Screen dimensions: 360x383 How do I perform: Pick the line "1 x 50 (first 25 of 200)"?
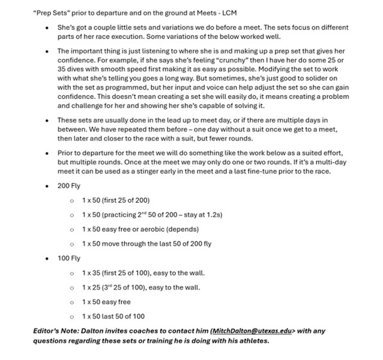click(116, 200)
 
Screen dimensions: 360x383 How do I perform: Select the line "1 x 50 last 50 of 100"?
click(113, 316)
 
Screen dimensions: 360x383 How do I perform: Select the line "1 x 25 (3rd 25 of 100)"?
click(141, 287)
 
